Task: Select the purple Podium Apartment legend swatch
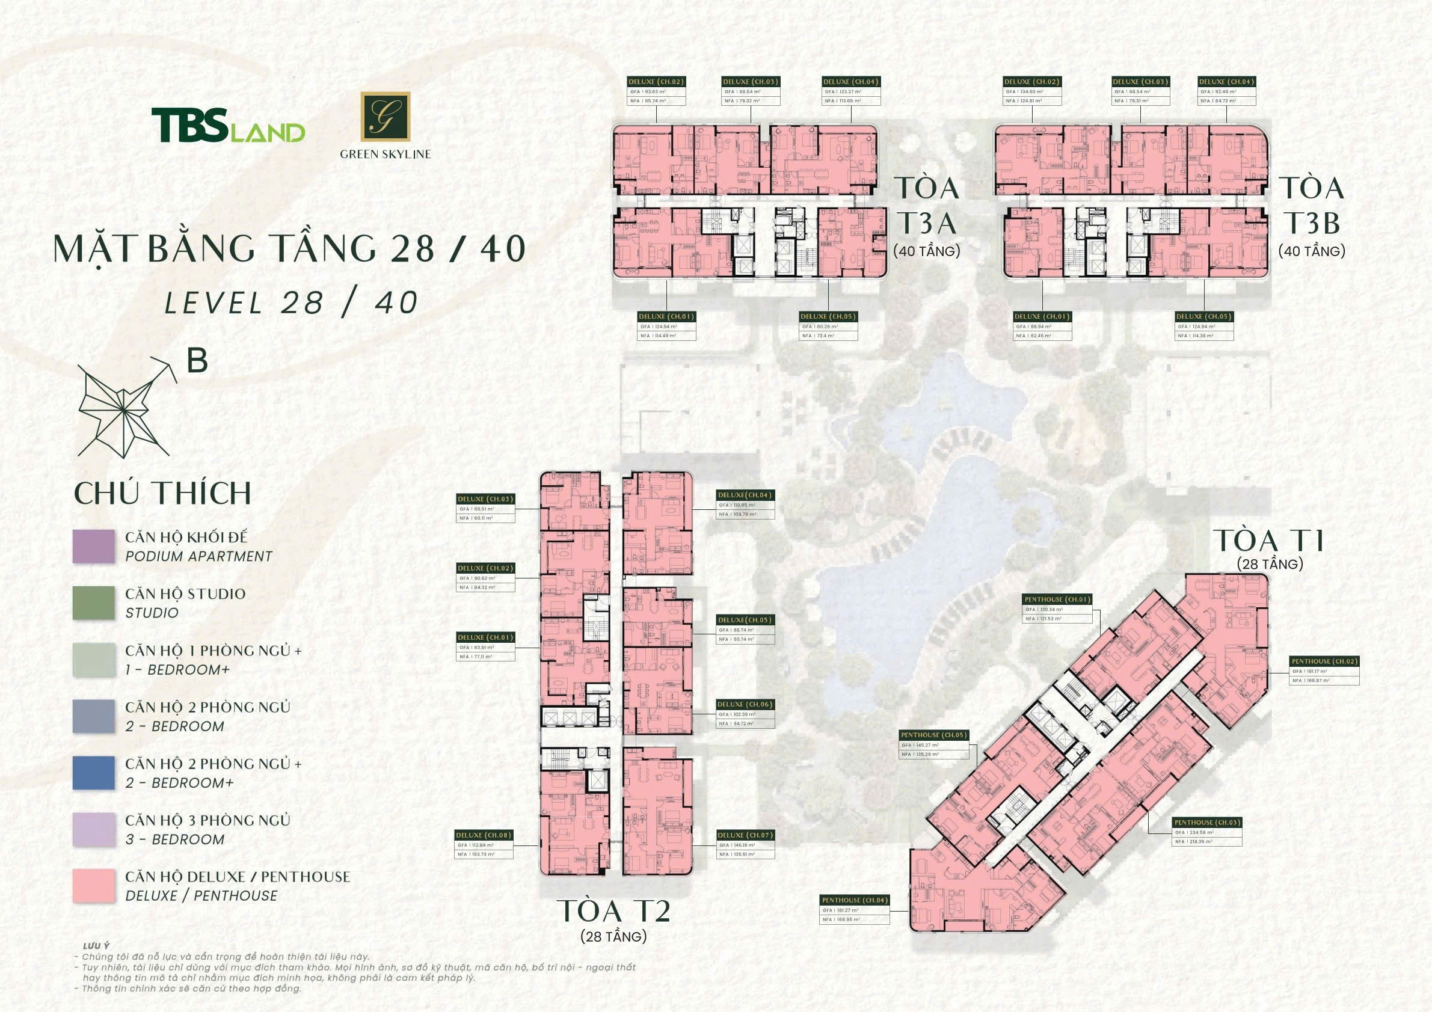(x=94, y=547)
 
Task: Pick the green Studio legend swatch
(x=94, y=603)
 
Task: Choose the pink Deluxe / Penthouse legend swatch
(x=94, y=885)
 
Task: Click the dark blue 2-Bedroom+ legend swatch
(x=94, y=773)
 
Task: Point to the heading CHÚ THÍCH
(x=163, y=493)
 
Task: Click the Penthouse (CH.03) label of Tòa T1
(x=1207, y=823)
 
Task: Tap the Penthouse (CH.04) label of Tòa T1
(x=855, y=900)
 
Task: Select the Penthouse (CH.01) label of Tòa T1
(x=1057, y=600)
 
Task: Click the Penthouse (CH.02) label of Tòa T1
(x=1324, y=661)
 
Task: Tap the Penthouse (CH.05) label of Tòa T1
(x=933, y=735)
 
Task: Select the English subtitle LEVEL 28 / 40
(x=290, y=303)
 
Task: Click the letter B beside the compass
(x=197, y=360)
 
